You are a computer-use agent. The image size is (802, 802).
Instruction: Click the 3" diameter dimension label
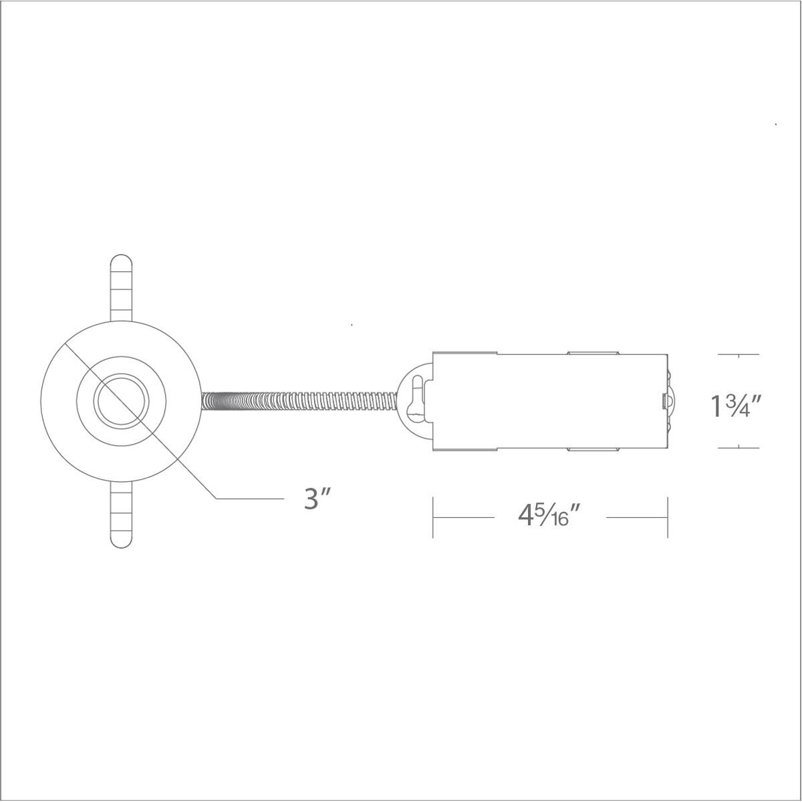point(318,499)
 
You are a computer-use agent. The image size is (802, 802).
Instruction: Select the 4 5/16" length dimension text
point(547,516)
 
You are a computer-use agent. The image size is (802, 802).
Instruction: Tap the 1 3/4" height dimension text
point(736,405)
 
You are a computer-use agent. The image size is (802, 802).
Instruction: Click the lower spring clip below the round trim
point(121,515)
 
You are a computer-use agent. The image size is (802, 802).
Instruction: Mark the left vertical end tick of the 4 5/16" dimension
point(434,517)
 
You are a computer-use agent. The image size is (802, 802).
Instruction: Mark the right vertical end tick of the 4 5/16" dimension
point(668,517)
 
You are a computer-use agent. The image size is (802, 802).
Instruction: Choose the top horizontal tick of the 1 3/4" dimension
point(739,354)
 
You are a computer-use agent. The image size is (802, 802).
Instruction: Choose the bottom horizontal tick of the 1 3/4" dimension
point(739,447)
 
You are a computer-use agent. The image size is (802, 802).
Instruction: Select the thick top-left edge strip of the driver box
point(465,352)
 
